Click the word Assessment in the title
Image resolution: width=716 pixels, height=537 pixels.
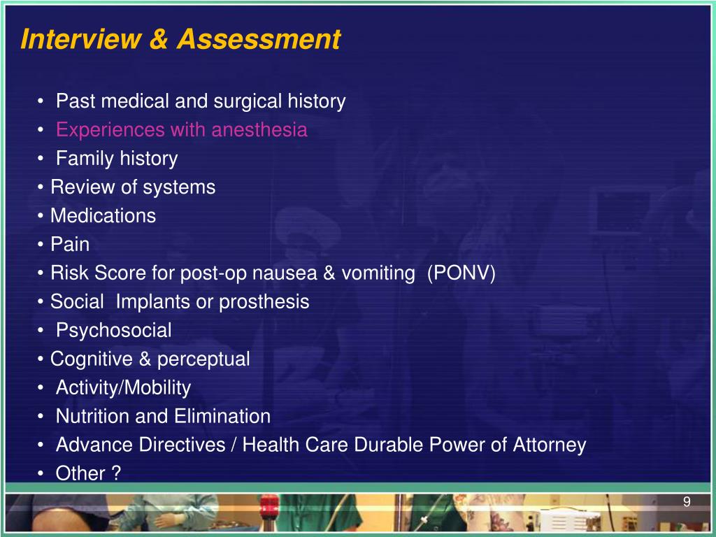tap(258, 40)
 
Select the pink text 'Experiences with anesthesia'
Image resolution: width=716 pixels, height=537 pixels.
tap(181, 130)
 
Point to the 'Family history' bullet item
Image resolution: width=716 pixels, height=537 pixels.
tap(117, 159)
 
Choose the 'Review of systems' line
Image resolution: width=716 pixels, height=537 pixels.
tap(133, 187)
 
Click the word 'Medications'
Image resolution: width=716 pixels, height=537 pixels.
tap(103, 216)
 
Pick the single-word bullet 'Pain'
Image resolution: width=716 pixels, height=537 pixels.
tap(70, 245)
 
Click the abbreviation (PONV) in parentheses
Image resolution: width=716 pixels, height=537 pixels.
tap(461, 273)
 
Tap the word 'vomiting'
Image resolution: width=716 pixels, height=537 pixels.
tap(378, 273)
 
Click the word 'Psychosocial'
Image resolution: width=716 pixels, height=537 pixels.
tap(113, 330)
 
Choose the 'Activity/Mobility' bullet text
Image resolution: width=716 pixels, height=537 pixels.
tap(123, 387)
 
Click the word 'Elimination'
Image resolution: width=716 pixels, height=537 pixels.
tap(229, 417)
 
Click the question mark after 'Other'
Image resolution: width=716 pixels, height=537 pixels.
tap(116, 473)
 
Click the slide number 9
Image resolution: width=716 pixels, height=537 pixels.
tap(687, 501)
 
